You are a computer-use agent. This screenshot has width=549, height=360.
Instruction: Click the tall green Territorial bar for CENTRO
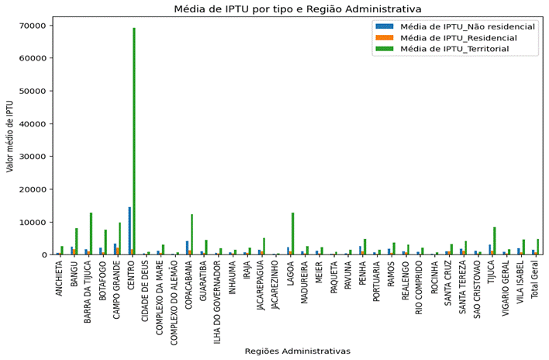pyautogui.click(x=134, y=140)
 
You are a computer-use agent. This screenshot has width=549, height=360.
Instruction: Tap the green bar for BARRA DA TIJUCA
pyautogui.click(x=91, y=234)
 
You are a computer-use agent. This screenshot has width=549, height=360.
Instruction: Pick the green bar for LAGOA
pyautogui.click(x=292, y=234)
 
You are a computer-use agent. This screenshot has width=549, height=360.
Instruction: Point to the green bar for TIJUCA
pyautogui.click(x=495, y=241)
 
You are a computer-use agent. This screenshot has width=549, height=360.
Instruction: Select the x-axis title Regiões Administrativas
pyautogui.click(x=298, y=351)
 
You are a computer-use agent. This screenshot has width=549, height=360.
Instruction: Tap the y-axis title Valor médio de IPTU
pyautogui.click(x=10, y=136)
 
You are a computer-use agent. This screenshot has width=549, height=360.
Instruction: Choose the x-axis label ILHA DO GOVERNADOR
pyautogui.click(x=219, y=299)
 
